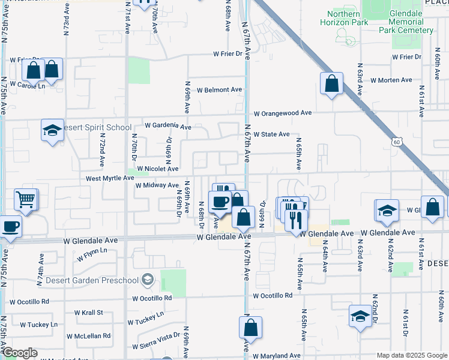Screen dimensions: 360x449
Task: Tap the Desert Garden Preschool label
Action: pyautogui.click(x=100, y=279)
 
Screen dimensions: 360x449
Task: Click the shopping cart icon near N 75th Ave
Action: pyautogui.click(x=26, y=199)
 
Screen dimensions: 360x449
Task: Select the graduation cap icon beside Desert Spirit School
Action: pyautogui.click(x=52, y=130)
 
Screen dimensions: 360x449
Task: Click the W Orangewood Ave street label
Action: pyautogui.click(x=282, y=113)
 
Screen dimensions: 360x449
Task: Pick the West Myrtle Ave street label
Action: pyautogui.click(x=110, y=178)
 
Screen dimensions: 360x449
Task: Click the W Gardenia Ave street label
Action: pyautogui.click(x=168, y=127)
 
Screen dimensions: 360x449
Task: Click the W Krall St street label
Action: pyautogui.click(x=88, y=313)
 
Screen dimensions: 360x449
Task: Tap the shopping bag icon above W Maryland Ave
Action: pyautogui.click(x=250, y=328)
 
